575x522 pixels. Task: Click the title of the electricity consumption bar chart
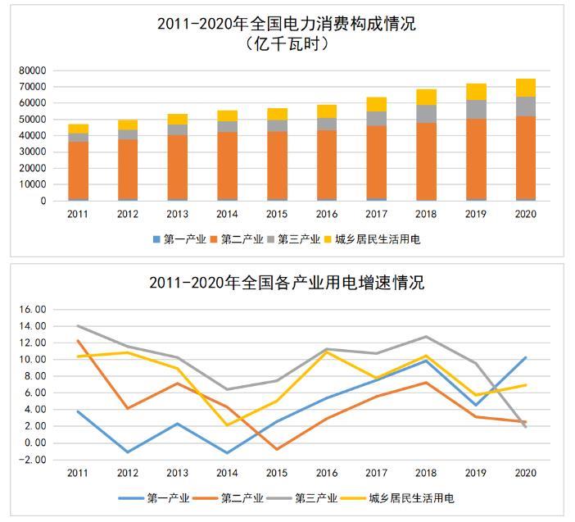click(287, 24)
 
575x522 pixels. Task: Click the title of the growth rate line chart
click(287, 283)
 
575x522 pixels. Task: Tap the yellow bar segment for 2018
click(426, 97)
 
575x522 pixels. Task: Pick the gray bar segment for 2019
click(476, 109)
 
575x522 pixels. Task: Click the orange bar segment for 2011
click(79, 170)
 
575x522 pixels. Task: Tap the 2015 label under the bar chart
click(277, 214)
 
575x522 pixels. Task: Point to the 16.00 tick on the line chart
click(34, 310)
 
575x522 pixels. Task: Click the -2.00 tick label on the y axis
click(34, 460)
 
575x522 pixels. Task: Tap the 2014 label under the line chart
click(227, 473)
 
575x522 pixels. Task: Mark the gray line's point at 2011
click(78, 325)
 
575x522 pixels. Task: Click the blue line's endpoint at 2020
click(525, 357)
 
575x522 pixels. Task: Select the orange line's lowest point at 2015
click(277, 449)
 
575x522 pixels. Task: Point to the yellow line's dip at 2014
click(227, 424)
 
